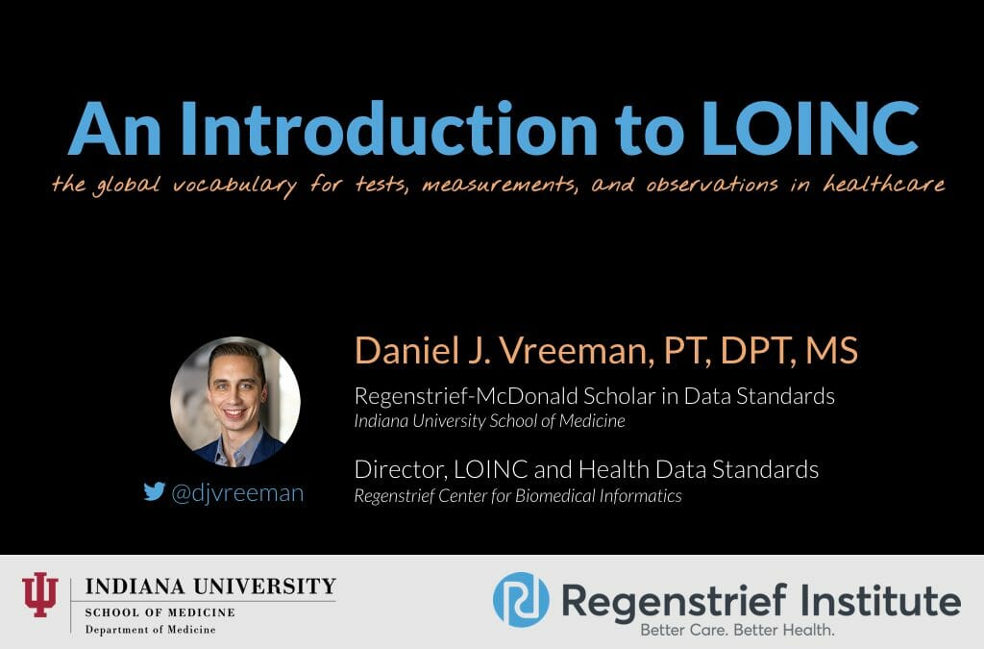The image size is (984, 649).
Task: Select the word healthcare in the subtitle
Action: (x=884, y=185)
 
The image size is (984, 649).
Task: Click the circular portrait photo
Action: (x=235, y=401)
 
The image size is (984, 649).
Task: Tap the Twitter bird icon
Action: (x=154, y=492)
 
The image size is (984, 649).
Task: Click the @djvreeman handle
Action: (x=236, y=493)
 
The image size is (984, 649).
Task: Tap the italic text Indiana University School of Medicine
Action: (x=489, y=420)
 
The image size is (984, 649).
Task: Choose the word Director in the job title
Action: (x=392, y=469)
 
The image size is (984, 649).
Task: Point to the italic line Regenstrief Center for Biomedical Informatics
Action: (x=518, y=496)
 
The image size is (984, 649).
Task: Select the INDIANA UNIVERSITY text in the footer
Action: (x=210, y=586)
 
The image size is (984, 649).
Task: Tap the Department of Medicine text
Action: (x=150, y=629)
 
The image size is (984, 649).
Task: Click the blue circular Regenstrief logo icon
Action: (x=521, y=599)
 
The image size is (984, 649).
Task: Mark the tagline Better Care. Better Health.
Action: (x=738, y=631)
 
